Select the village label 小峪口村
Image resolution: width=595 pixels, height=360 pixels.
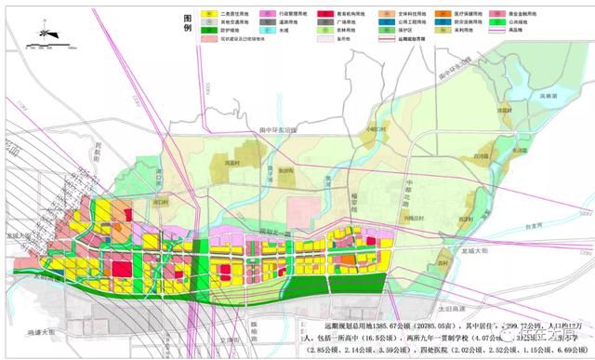click(x=376, y=129)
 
